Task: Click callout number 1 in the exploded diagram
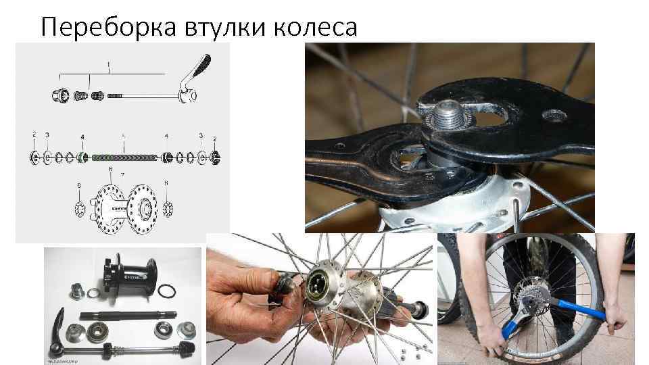(x=108, y=64)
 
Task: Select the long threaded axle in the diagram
(x=124, y=157)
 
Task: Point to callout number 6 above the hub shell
(x=111, y=169)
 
